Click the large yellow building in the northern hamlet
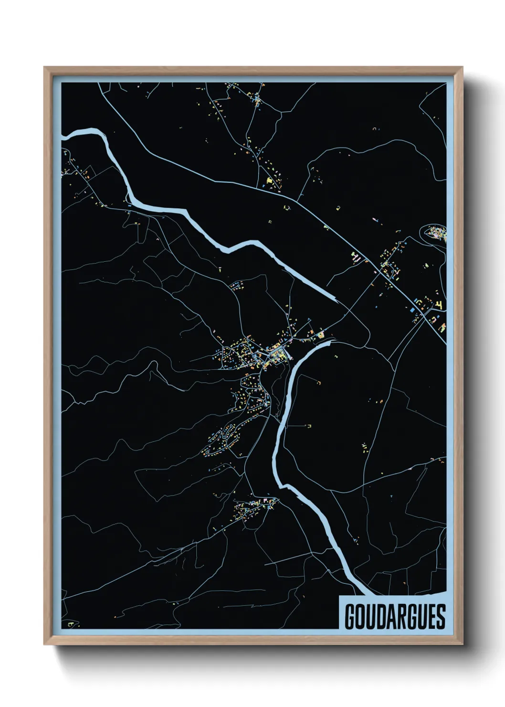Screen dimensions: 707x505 click(269, 181)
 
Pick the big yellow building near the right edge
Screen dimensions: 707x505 click(440, 304)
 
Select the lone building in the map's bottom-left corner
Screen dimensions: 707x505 click(72, 624)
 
